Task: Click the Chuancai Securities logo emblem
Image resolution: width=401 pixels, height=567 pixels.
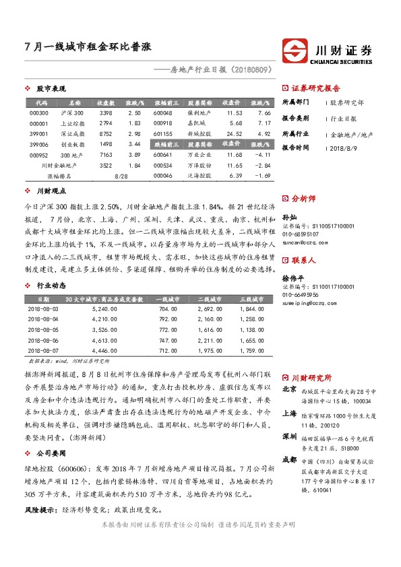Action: [x=294, y=51]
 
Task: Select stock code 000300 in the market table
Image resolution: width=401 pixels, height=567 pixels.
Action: [x=39, y=113]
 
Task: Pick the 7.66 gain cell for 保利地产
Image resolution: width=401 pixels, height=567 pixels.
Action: [x=264, y=113]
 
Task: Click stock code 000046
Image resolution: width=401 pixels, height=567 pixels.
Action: [x=163, y=175]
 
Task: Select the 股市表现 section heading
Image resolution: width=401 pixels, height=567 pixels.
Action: [x=51, y=89]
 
